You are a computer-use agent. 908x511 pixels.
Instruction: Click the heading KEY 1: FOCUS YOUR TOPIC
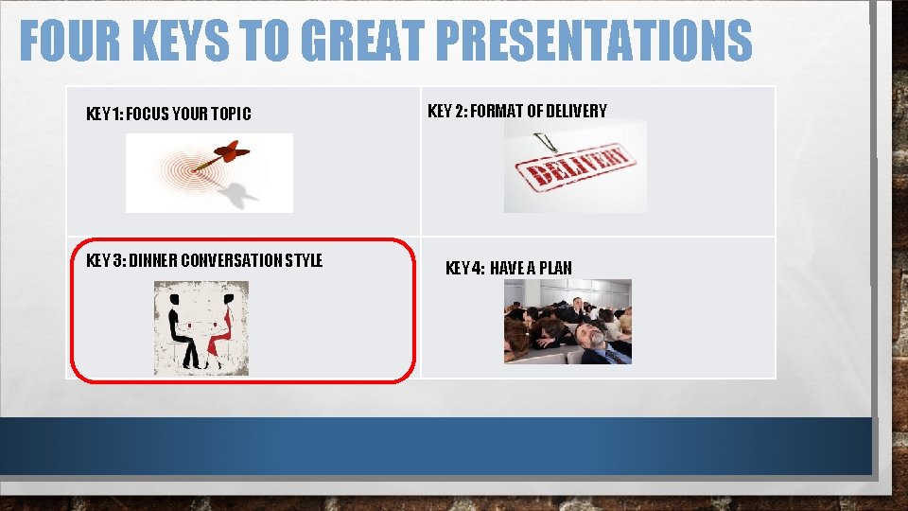click(168, 115)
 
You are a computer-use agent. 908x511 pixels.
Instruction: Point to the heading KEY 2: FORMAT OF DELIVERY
click(517, 111)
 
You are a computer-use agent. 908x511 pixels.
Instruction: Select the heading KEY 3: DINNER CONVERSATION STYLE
click(204, 260)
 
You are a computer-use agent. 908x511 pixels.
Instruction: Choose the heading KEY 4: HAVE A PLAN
click(508, 268)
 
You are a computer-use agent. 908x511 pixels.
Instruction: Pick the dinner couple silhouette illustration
click(201, 327)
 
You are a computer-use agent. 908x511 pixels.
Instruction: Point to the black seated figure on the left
click(179, 331)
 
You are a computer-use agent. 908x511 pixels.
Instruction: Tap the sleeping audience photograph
click(567, 321)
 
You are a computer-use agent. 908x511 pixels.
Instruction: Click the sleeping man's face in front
click(591, 336)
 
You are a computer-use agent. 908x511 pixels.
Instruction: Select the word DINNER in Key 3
click(152, 260)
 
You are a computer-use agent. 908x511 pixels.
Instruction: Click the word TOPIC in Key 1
click(233, 115)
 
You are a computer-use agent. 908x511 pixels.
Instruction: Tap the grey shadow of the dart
click(239, 196)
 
